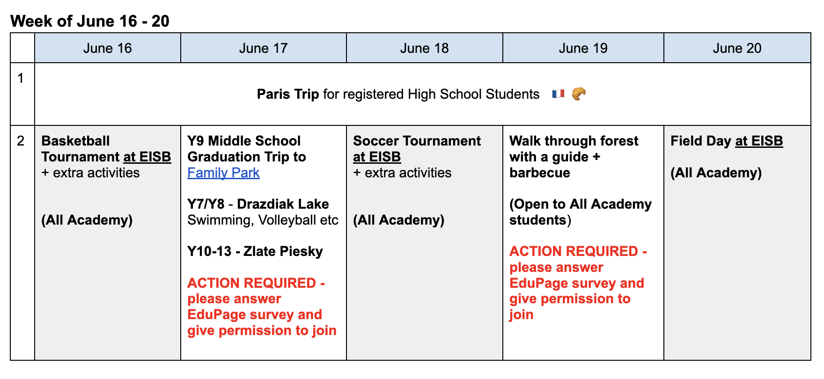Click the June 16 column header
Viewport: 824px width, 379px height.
click(107, 48)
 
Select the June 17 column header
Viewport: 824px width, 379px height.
click(263, 48)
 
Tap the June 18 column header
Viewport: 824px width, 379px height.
click(424, 48)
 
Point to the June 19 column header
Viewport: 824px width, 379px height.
click(583, 48)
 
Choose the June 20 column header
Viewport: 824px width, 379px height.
click(737, 48)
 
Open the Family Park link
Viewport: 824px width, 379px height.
click(223, 173)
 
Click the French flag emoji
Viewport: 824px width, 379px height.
click(558, 94)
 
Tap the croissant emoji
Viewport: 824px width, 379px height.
click(579, 94)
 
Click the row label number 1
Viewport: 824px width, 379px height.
click(20, 78)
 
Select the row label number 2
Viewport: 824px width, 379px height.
click(20, 141)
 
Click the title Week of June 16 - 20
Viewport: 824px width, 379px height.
click(90, 21)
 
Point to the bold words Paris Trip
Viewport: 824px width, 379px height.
click(288, 94)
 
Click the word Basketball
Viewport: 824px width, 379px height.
click(75, 141)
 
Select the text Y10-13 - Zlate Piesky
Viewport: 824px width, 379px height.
click(255, 251)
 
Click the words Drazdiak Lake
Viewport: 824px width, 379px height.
click(283, 204)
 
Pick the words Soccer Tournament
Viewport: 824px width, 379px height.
click(417, 141)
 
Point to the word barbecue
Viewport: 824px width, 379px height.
click(539, 173)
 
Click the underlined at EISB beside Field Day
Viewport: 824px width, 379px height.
click(759, 141)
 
